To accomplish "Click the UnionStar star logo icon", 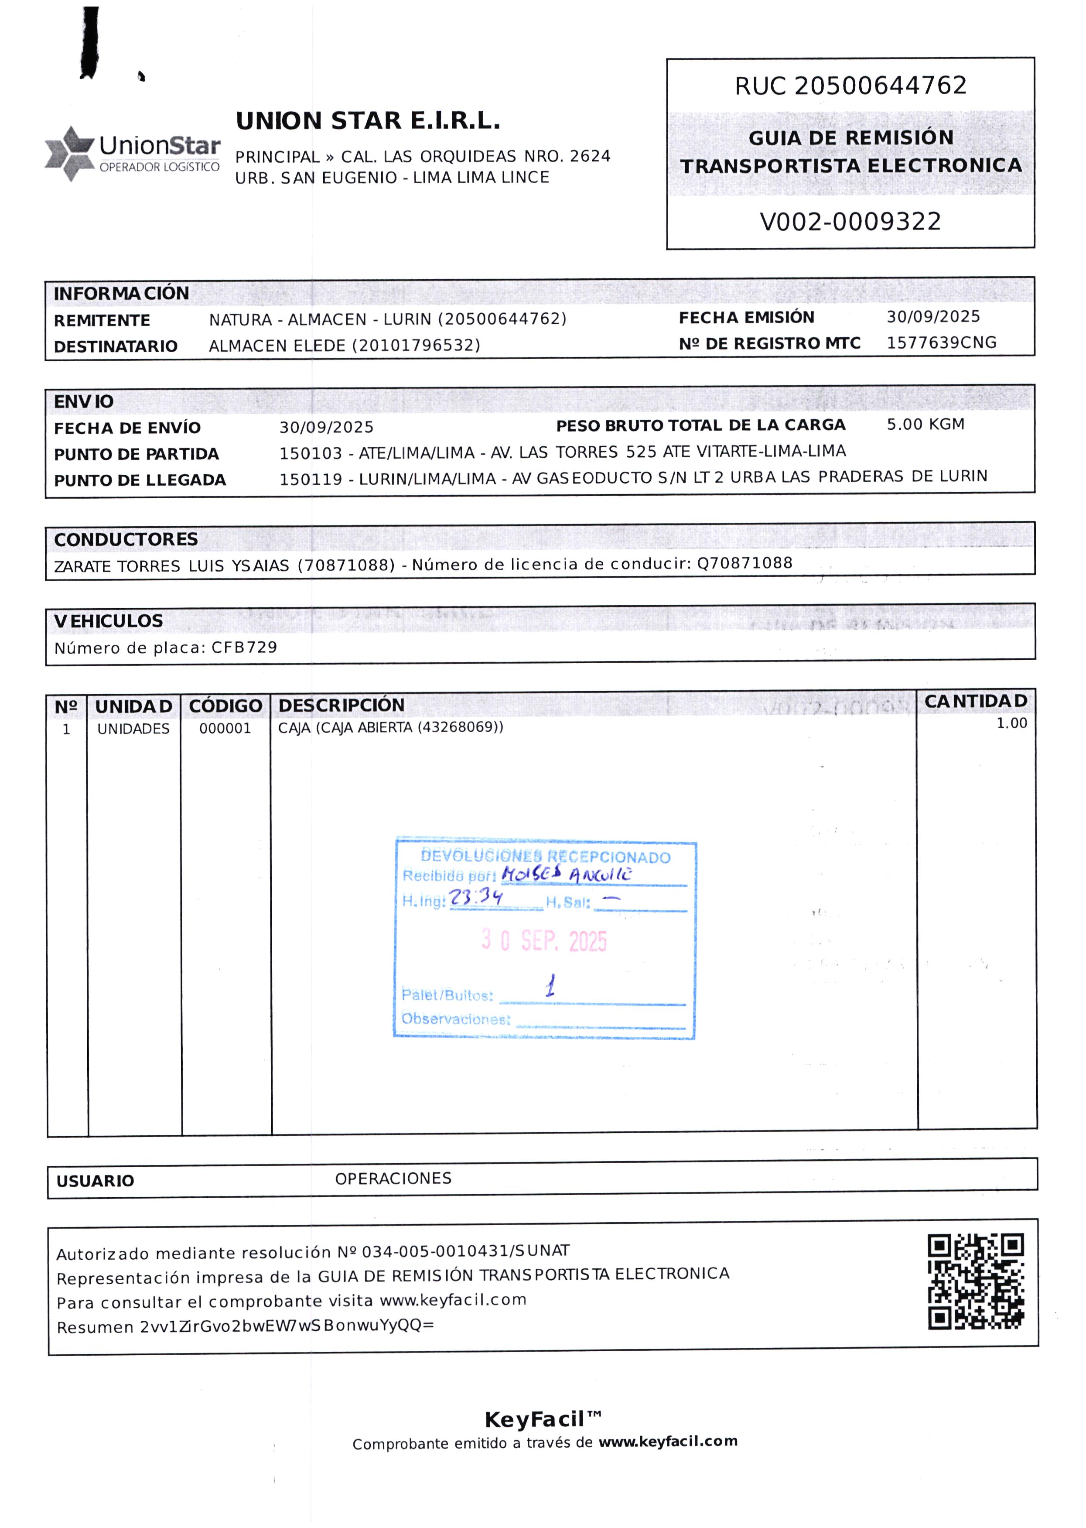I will pos(69,153).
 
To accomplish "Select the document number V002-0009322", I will pos(850,222).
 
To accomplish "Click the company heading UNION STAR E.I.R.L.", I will pos(368,121).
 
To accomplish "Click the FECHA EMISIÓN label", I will pos(746,317).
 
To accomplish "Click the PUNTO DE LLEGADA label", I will pos(140,480).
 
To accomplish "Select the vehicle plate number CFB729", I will pos(244,648).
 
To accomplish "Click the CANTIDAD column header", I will pos(976,701).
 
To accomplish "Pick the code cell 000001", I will pos(225,729).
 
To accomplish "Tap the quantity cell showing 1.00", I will pos(1011,723).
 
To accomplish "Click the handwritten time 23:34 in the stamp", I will pos(475,897).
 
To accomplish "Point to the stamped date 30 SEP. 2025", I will pos(544,941).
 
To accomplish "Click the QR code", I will pos(976,1281).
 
